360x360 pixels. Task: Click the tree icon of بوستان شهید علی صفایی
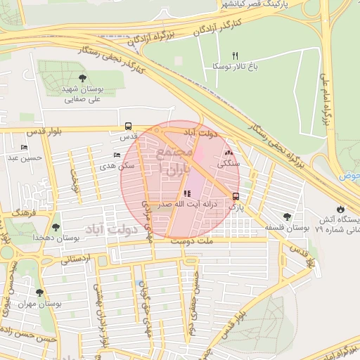[x=83, y=77]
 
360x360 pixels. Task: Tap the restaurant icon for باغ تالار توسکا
[x=236, y=56]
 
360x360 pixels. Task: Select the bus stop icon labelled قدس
[x=128, y=127]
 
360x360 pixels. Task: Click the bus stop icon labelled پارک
[x=236, y=197]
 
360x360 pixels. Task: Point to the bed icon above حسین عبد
[x=25, y=148]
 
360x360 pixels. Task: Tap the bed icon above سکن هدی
[x=117, y=155]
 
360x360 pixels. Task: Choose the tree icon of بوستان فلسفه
[x=286, y=217]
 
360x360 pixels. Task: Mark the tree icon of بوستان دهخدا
[x=56, y=227]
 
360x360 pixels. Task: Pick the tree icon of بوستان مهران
[x=39, y=292]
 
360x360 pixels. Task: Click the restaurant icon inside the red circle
[x=186, y=193]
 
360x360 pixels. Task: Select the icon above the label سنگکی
[x=228, y=152]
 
